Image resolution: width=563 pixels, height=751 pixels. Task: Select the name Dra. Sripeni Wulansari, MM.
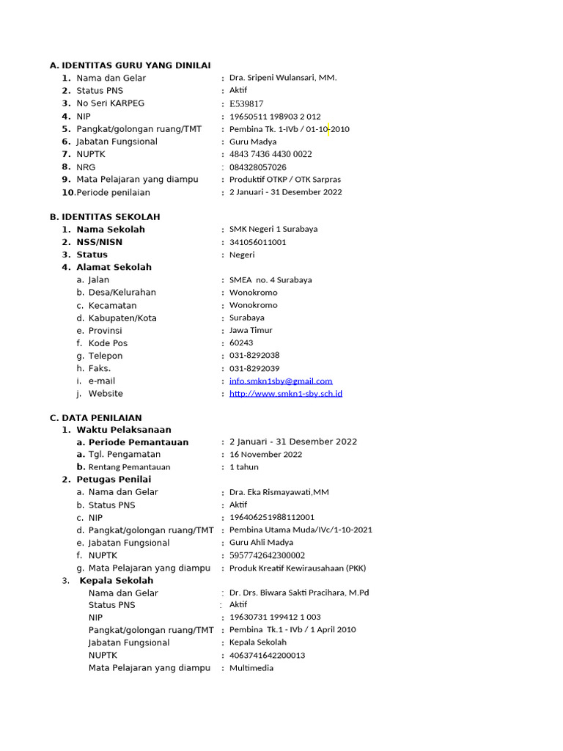[283, 78]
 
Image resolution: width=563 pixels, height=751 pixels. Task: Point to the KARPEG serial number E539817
[246, 103]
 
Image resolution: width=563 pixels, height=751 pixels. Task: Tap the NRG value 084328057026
[258, 167]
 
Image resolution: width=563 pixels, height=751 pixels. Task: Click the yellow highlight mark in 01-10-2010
[329, 129]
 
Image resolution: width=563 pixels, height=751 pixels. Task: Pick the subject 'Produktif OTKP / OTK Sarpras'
[285, 180]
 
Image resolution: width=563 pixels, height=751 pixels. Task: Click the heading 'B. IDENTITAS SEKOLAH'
[105, 217]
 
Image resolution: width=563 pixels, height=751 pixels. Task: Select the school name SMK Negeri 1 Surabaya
[273, 230]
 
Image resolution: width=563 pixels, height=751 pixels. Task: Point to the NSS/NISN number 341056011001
[258, 242]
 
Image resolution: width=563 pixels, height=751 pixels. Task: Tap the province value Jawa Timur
[251, 331]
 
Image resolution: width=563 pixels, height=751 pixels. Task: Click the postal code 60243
[241, 343]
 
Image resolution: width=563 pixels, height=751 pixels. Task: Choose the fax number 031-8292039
[254, 369]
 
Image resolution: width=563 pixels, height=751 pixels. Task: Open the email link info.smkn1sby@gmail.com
[281, 381]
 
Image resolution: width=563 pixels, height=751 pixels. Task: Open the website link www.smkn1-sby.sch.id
[286, 394]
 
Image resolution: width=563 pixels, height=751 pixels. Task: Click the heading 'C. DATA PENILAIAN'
[96, 417]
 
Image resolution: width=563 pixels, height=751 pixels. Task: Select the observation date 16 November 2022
[265, 455]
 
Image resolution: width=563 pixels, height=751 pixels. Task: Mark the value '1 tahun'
[244, 467]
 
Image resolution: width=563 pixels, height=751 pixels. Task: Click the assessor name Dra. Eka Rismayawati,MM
[279, 493]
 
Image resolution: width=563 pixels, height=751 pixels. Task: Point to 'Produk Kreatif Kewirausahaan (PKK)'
[298, 568]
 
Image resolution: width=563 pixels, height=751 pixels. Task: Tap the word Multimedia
[251, 668]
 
